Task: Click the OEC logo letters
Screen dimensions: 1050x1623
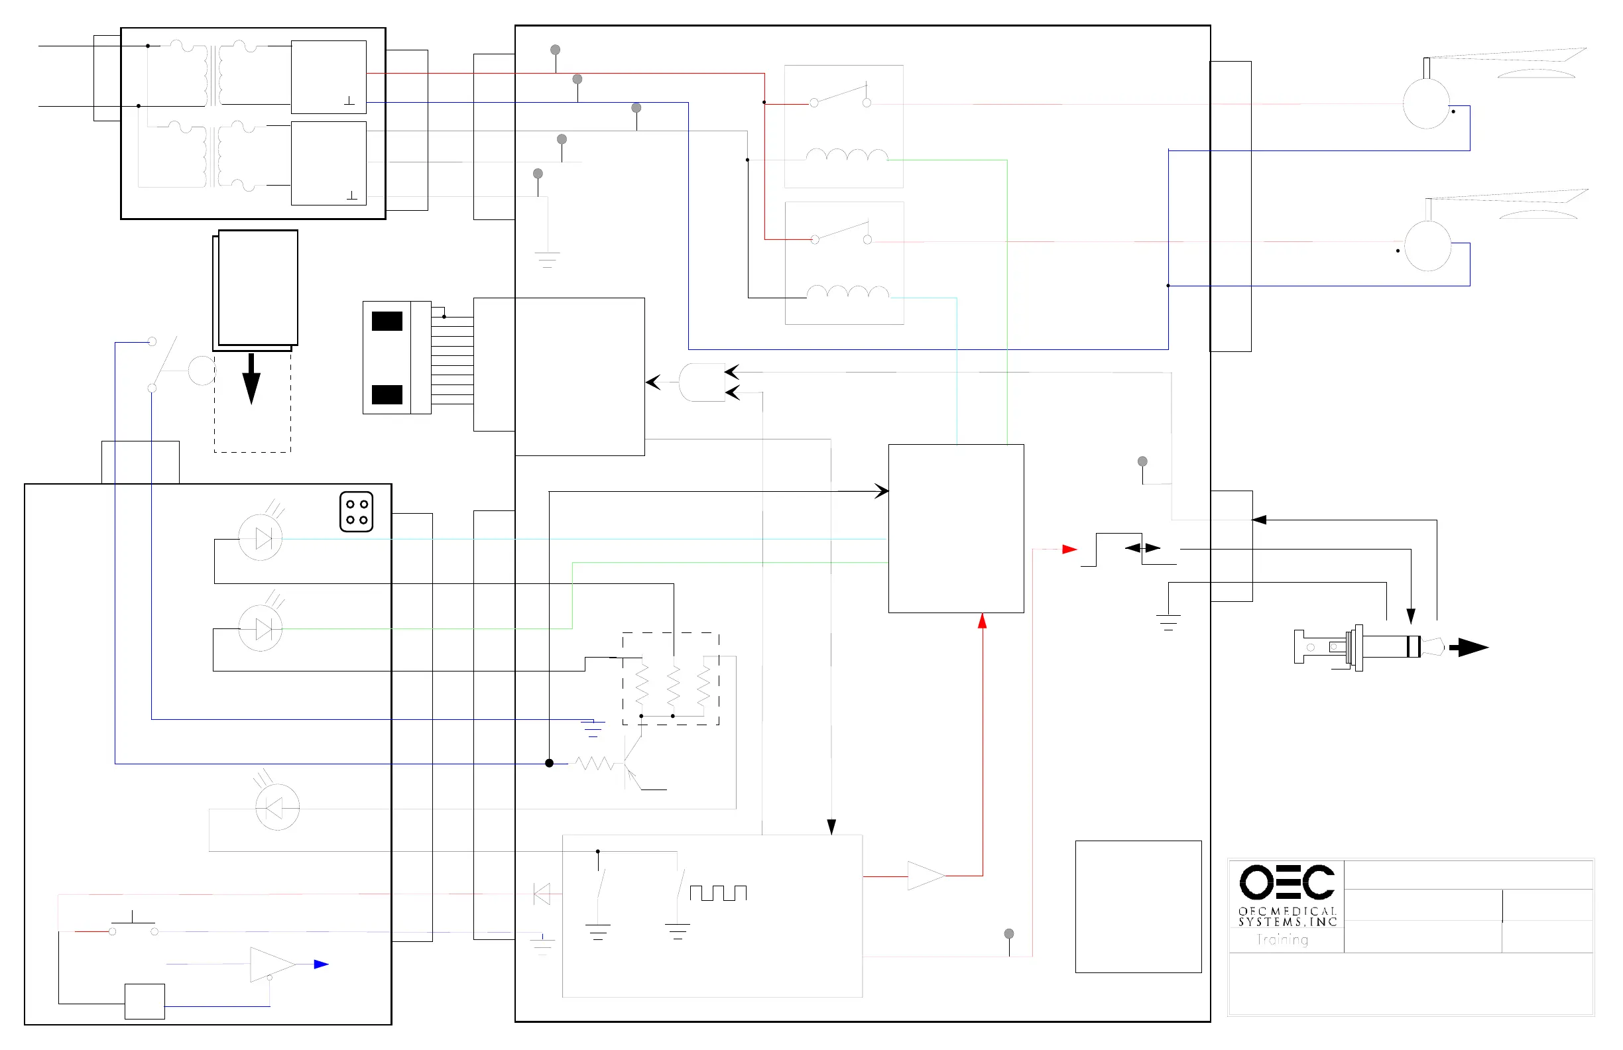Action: pos(1286,882)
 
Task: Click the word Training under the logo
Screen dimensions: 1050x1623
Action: pos(1282,939)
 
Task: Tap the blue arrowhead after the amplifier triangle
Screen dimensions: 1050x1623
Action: pos(321,964)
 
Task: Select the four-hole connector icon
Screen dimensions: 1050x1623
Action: pos(356,511)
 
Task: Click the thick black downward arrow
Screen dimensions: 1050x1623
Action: pos(252,378)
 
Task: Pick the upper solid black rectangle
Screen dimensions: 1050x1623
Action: pos(387,321)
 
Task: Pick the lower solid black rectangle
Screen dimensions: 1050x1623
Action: pos(387,394)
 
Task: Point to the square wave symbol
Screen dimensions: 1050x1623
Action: pos(718,893)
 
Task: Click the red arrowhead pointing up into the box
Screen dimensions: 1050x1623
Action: pos(982,620)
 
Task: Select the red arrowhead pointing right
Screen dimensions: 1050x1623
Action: pos(1069,549)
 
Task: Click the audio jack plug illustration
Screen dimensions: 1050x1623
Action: pos(1367,646)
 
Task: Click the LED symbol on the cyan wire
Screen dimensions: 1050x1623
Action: pos(261,539)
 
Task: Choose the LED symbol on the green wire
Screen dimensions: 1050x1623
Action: pos(261,628)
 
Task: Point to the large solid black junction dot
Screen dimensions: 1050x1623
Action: pos(549,763)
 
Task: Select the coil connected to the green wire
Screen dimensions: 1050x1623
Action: pos(847,156)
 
